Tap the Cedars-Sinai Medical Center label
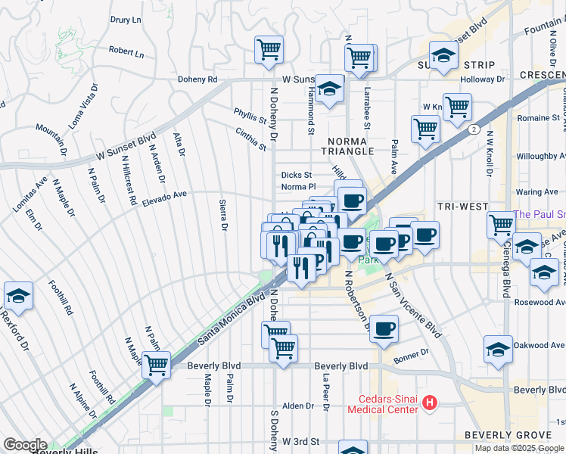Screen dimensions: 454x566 pos(382,404)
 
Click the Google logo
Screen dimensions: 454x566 pos(25,445)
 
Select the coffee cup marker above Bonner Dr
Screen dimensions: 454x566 pos(385,328)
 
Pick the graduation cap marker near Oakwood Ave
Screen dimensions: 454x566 pos(499,349)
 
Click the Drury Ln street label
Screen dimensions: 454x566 pos(126,20)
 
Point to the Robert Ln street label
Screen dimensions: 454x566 pos(126,53)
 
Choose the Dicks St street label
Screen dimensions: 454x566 pos(297,175)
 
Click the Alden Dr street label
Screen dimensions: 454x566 pos(297,406)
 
